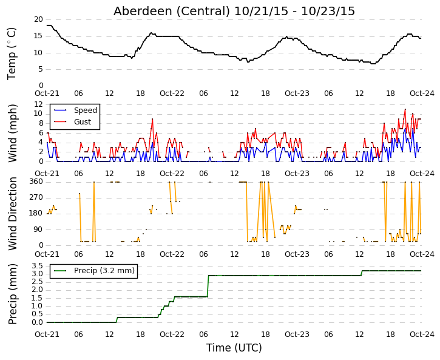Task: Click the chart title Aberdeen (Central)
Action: [172, 11]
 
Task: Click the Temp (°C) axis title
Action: [12, 53]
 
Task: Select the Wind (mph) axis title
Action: [12, 134]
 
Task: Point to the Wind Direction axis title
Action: [12, 214]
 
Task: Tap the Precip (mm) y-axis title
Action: [12, 294]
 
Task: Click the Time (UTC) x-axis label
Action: [234, 348]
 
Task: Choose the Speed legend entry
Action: [86, 110]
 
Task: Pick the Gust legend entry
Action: [83, 122]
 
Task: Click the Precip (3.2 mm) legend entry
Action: [104, 271]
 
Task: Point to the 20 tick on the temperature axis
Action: [38, 19]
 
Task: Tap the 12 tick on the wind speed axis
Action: [38, 104]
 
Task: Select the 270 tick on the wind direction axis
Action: [36, 197]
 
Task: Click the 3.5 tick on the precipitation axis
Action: [38, 266]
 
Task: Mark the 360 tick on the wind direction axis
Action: [36, 182]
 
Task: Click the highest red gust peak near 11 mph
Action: [405, 109]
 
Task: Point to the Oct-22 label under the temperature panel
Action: [172, 93]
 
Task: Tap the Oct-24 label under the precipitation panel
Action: [422, 335]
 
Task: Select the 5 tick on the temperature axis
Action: [41, 69]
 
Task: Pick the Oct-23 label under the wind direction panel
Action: [297, 254]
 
